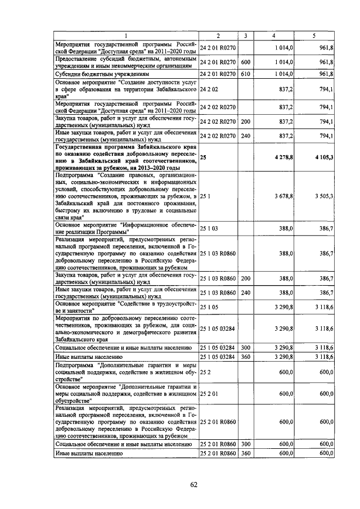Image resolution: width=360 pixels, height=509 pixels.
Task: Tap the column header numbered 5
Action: click(x=314, y=36)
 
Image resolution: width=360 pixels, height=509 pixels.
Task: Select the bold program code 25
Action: click(x=203, y=159)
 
